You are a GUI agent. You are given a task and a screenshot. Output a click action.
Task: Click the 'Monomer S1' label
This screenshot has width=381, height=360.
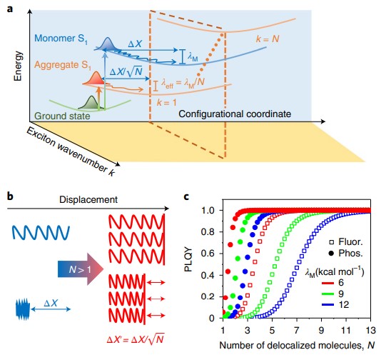(x=61, y=39)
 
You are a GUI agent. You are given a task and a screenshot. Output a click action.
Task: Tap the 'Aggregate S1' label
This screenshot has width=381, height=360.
(x=62, y=65)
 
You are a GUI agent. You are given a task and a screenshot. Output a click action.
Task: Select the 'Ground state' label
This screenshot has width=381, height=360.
(x=62, y=116)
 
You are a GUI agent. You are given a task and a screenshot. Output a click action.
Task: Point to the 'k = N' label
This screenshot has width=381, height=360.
(x=268, y=39)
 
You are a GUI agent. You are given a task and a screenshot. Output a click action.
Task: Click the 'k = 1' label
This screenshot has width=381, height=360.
(x=167, y=102)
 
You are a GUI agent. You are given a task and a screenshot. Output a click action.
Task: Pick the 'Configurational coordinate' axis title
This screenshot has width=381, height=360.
(x=235, y=114)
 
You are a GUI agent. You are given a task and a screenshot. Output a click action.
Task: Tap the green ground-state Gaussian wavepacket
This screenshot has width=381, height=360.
(x=91, y=103)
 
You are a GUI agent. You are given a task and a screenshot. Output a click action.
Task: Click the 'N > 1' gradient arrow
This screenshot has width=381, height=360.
(x=81, y=269)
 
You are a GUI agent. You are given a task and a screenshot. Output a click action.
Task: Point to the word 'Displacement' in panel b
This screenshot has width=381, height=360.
(x=88, y=199)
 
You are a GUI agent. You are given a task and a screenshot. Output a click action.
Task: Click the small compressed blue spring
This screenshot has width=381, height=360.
(x=23, y=309)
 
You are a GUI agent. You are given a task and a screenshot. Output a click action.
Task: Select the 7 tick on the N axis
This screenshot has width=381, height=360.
(x=296, y=330)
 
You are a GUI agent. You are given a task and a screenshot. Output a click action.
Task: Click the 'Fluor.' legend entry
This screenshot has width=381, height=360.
(x=346, y=241)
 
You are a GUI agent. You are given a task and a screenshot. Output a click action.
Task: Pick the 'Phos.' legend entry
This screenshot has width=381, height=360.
(x=345, y=254)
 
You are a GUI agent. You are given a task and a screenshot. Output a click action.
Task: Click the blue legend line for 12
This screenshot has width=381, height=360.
(x=329, y=305)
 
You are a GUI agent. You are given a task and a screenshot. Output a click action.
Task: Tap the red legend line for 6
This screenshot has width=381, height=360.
(x=329, y=283)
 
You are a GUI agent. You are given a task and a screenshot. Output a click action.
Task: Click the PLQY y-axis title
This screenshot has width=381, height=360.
(x=188, y=259)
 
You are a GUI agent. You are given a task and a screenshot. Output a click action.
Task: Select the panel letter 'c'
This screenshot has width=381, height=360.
(x=186, y=196)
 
